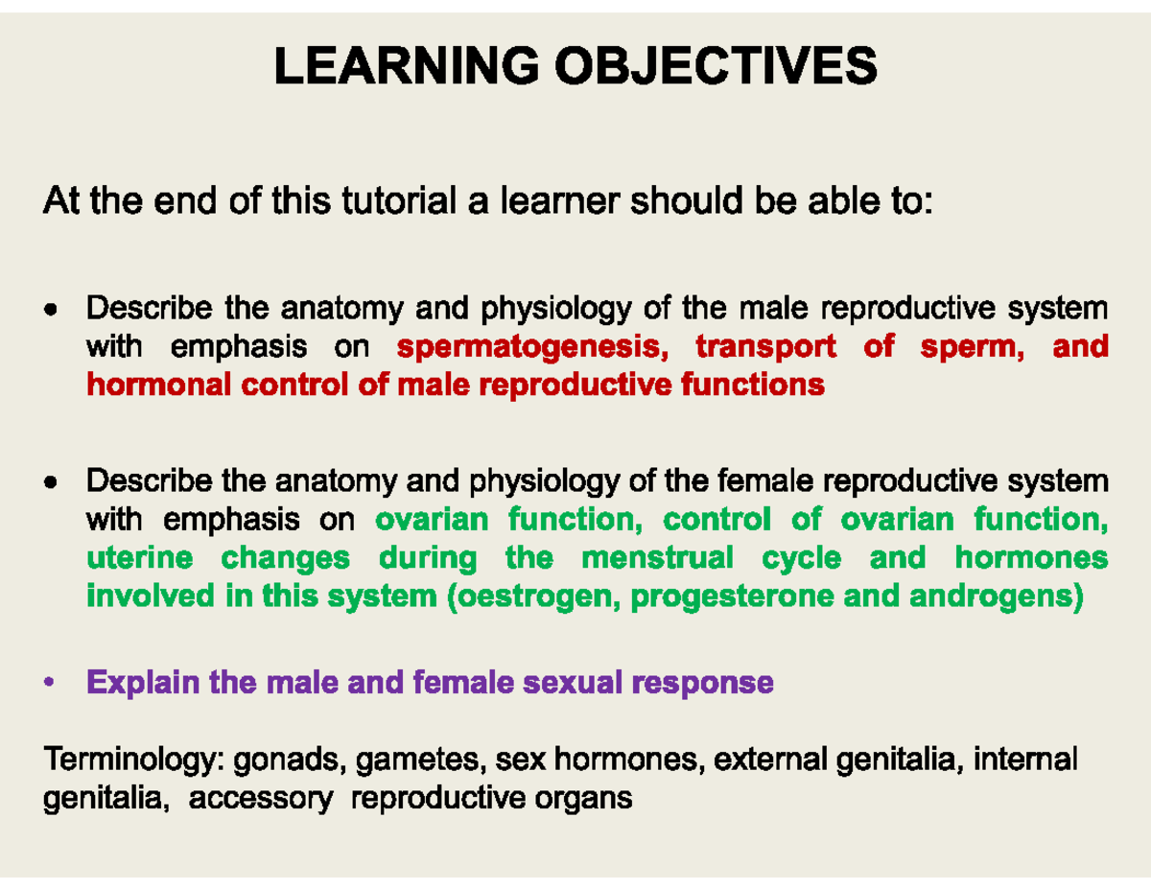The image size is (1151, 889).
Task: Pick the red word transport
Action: [764, 346]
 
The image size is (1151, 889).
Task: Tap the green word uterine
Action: [139, 558]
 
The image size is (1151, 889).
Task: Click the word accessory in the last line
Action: [260, 798]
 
